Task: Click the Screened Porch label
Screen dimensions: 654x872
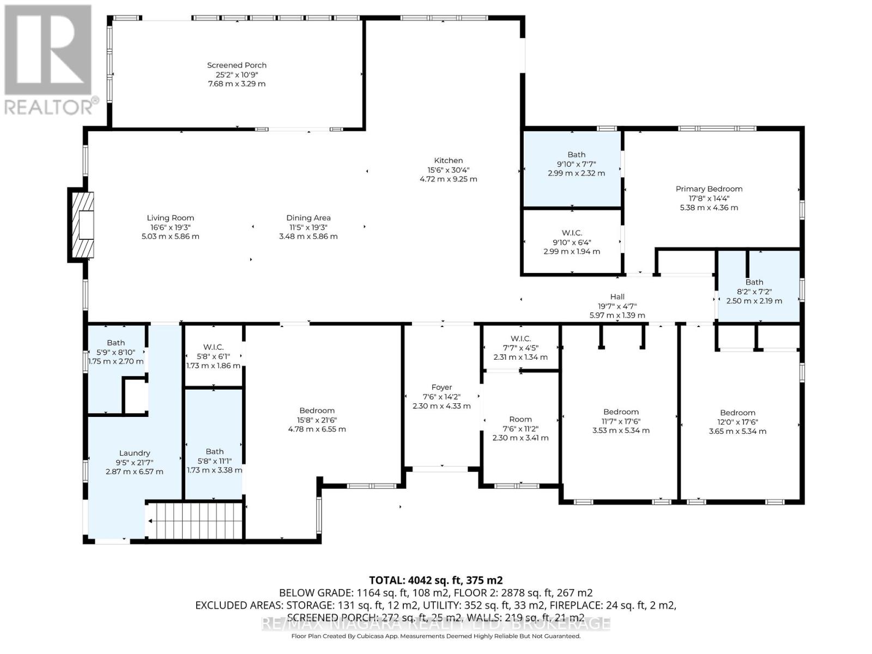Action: (x=237, y=65)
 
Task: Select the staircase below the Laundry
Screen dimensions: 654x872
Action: (x=195, y=520)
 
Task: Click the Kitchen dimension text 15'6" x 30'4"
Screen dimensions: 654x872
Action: (x=448, y=170)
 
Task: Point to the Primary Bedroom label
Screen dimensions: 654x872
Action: (x=708, y=189)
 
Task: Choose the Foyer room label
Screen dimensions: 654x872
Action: (x=441, y=387)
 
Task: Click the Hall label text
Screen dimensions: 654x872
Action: (x=617, y=297)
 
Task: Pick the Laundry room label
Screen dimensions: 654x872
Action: (x=135, y=453)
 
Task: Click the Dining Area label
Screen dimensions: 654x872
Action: (x=308, y=218)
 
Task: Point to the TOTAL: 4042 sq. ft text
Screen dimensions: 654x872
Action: (x=435, y=580)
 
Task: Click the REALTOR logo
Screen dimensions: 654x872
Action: (x=49, y=60)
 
